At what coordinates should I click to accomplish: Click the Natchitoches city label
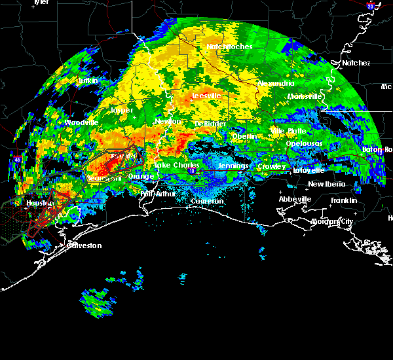[x=225, y=46]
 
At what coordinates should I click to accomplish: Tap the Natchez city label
[x=356, y=63]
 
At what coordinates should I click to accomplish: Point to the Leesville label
[x=206, y=96]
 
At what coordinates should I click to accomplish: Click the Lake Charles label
[x=176, y=166]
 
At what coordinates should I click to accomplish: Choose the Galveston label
[x=85, y=245]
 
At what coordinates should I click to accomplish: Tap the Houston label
[x=39, y=204]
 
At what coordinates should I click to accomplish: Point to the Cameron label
[x=207, y=201]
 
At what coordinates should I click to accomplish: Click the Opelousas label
[x=305, y=143]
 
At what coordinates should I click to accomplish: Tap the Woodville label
[x=81, y=122]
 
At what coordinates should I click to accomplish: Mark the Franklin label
[x=344, y=200]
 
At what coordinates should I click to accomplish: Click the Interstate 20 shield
[x=370, y=6]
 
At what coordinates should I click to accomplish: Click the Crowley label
[x=271, y=166]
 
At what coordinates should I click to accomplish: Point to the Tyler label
[x=41, y=2]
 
